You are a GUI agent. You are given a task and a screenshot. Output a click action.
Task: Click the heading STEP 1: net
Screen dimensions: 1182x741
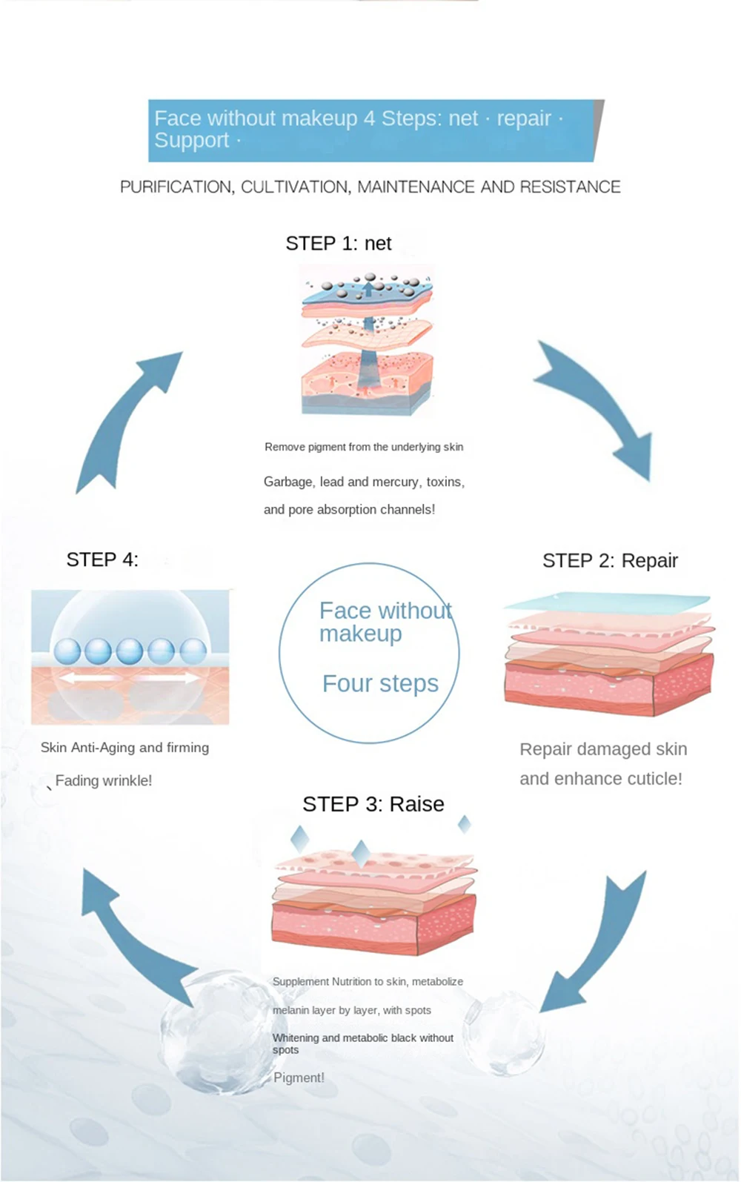click(x=339, y=243)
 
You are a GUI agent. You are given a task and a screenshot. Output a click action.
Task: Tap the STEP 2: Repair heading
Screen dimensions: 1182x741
click(x=610, y=560)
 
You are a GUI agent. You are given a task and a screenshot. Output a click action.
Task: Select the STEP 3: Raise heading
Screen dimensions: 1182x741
click(x=373, y=804)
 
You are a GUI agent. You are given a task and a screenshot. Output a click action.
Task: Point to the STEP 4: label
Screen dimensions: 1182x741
click(x=102, y=560)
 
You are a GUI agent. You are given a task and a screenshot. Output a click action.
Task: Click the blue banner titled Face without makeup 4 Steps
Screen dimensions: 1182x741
click(x=370, y=130)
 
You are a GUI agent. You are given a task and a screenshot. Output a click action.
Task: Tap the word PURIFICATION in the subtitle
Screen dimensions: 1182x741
click(x=176, y=187)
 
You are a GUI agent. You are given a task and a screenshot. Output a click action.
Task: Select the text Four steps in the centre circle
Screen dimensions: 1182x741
click(x=380, y=683)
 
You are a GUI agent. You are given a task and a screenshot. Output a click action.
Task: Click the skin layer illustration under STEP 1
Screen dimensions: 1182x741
click(x=367, y=341)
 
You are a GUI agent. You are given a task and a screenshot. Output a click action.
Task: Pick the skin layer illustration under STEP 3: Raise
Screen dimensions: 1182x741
click(x=374, y=900)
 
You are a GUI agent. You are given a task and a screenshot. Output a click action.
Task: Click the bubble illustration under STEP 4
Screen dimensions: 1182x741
click(x=130, y=657)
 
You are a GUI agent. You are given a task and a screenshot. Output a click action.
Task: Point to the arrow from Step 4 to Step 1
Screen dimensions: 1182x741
click(x=126, y=419)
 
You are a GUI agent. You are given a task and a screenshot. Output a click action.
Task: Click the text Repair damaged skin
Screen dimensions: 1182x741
click(x=603, y=749)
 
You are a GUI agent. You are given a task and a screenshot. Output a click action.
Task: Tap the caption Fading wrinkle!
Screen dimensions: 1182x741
click(x=103, y=780)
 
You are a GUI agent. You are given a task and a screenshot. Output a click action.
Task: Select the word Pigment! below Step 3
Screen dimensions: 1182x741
click(x=299, y=1078)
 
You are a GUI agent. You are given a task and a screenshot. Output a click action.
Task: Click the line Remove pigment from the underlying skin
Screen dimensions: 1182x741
click(x=364, y=447)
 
